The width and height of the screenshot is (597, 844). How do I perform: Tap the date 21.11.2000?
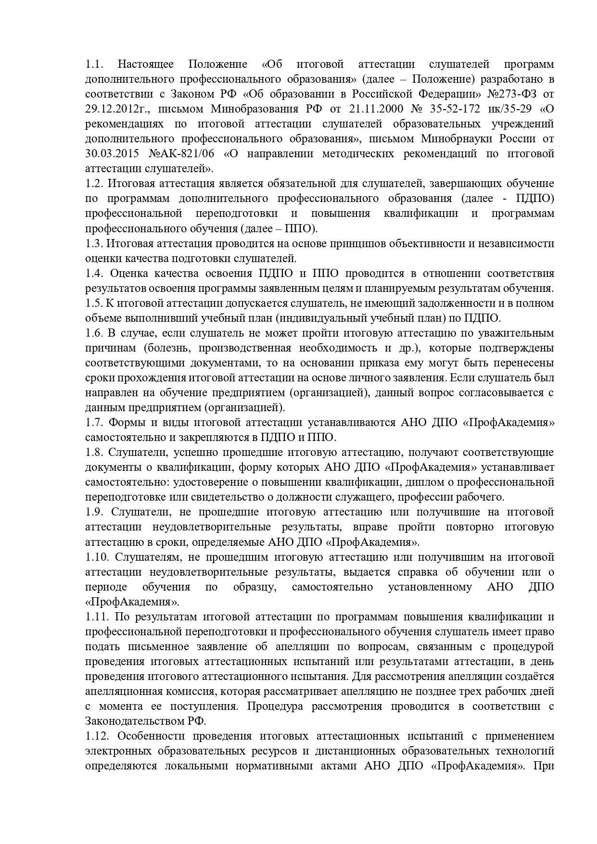coord(372,109)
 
